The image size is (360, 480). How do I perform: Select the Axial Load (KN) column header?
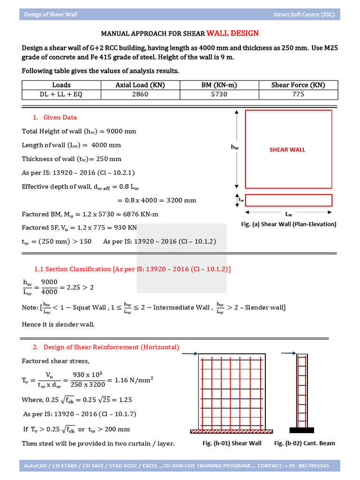(140, 85)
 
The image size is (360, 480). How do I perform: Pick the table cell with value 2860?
(140, 94)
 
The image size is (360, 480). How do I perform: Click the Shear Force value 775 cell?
(298, 94)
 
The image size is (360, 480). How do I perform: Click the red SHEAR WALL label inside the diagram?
(287, 150)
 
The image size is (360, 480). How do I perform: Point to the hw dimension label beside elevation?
(234, 147)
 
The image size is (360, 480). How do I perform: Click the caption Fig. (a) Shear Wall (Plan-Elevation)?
(288, 224)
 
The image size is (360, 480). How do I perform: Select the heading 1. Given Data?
(55, 117)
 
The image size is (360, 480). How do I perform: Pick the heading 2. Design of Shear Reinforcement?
(105, 347)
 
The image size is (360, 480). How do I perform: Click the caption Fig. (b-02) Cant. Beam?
(304, 443)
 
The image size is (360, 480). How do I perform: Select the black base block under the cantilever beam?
(301, 430)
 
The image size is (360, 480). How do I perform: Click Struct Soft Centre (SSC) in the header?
(304, 15)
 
